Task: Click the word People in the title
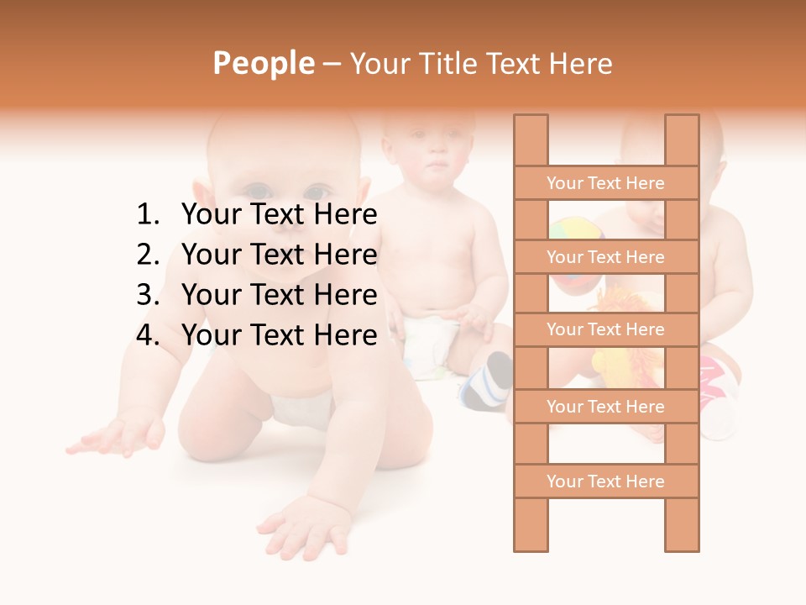(264, 63)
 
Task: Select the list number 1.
(147, 215)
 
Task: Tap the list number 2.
(147, 255)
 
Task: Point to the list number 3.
(147, 295)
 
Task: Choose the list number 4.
(147, 335)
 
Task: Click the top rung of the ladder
(605, 183)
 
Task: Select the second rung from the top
(605, 257)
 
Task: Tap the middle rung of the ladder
(605, 329)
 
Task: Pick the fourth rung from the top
(605, 407)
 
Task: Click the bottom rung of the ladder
(605, 481)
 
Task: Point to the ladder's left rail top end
(531, 120)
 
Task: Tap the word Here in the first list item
(345, 215)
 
